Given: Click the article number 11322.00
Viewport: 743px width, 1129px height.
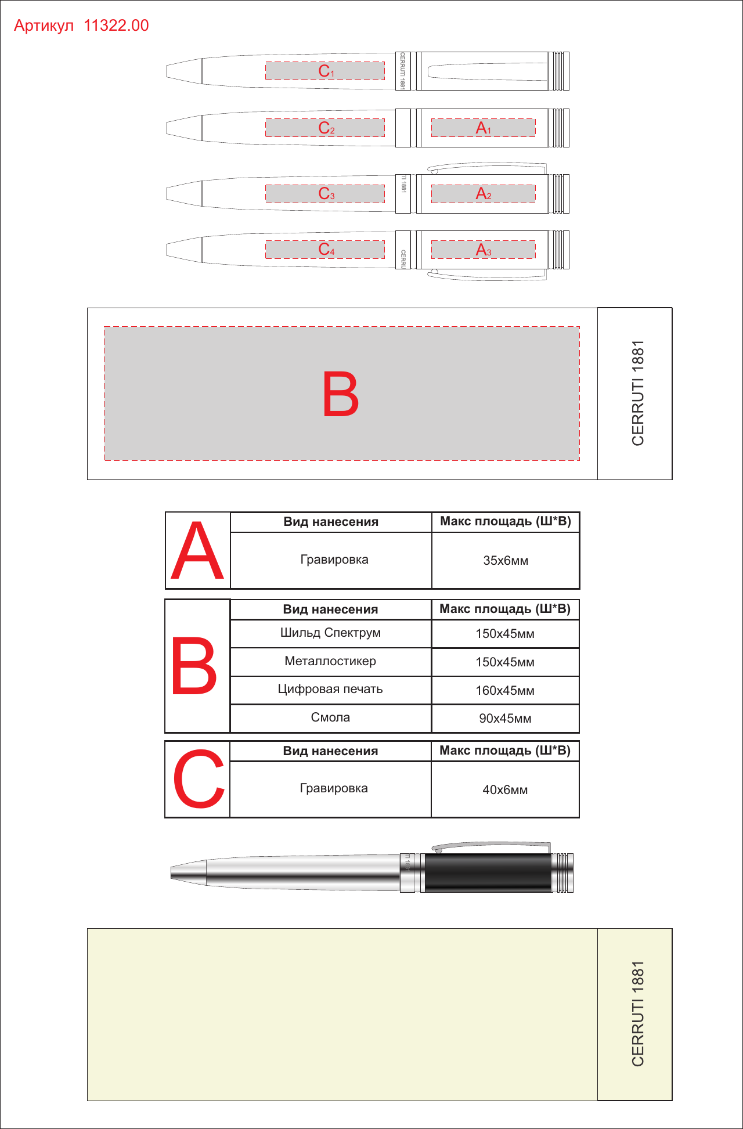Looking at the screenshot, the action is click(116, 26).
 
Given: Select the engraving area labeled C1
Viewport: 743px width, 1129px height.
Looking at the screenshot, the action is click(325, 71).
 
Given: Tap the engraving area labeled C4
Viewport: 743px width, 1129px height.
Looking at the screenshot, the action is click(325, 250).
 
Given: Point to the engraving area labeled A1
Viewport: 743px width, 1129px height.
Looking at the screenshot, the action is click(484, 128).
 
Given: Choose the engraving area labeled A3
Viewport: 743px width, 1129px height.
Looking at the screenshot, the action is click(484, 250).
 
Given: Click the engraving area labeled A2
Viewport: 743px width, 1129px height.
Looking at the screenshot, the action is click(484, 194).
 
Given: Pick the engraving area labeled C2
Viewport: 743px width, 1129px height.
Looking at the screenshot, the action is click(325, 128).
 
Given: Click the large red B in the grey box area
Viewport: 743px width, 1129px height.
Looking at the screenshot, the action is click(341, 395).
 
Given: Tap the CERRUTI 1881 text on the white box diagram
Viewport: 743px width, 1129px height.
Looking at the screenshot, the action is click(638, 393).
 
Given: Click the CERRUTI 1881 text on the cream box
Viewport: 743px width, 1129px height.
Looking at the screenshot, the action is click(638, 1014).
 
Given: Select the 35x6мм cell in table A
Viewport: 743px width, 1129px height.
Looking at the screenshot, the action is click(506, 561).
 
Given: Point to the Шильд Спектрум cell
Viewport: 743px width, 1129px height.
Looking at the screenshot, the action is click(331, 633).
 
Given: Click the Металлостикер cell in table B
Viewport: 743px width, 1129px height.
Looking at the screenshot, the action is click(331, 662).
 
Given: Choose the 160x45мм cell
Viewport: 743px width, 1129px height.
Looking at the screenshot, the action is click(505, 691).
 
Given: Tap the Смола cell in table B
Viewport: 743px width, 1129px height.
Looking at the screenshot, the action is click(331, 718).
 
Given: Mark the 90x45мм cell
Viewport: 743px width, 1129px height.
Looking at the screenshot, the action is click(505, 719).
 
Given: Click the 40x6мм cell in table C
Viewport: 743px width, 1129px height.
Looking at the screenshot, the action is click(505, 790).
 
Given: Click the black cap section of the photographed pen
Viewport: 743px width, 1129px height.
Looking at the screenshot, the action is click(488, 873).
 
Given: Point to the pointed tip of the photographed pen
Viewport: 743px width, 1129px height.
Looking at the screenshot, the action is click(172, 872).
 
